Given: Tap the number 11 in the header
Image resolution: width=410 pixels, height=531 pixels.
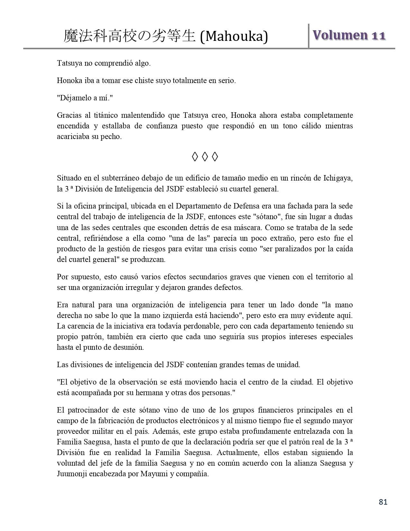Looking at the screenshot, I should pyautogui.click(x=378, y=35).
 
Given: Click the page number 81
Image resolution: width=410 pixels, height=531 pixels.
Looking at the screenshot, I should pyautogui.click(x=383, y=502).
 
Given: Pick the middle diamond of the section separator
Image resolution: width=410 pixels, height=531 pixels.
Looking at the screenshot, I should pyautogui.click(x=205, y=157).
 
